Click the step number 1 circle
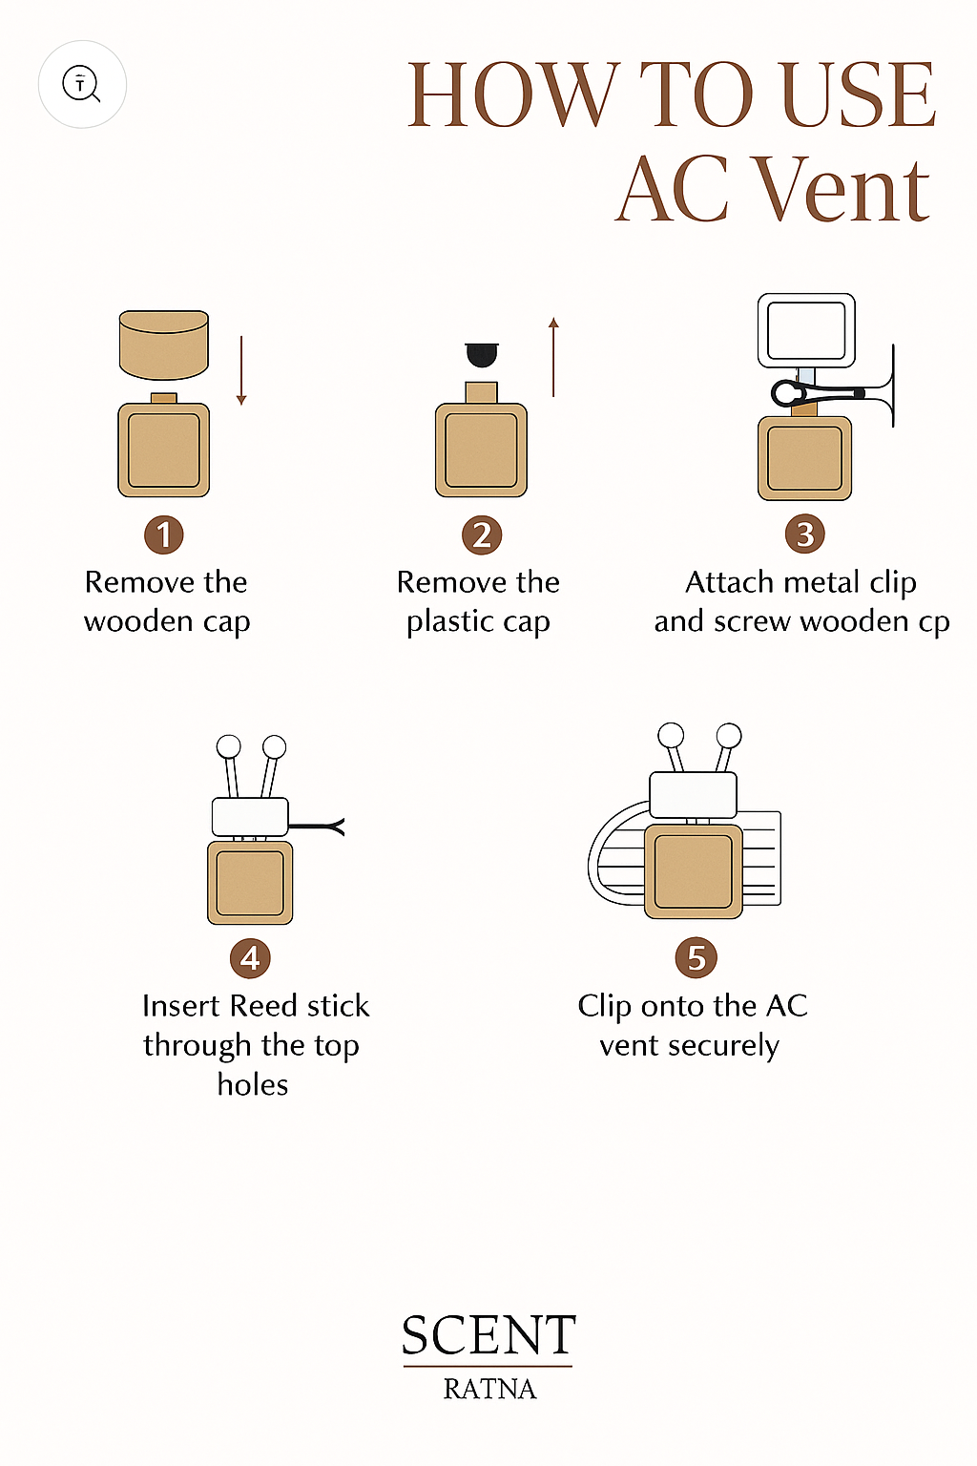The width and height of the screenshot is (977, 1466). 164,534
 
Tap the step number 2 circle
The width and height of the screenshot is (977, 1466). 482,534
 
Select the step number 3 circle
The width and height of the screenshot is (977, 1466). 805,534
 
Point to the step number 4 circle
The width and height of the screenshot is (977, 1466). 250,957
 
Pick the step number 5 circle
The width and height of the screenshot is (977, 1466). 696,957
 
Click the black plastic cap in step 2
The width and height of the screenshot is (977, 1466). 482,355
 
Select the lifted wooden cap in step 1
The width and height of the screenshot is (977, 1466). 164,344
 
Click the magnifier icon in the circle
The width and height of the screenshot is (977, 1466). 82,84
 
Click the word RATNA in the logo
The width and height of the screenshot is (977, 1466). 489,1389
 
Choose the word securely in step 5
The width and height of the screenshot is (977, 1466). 723,1045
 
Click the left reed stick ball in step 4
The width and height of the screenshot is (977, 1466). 229,746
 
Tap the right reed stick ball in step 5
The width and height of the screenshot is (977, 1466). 729,736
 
